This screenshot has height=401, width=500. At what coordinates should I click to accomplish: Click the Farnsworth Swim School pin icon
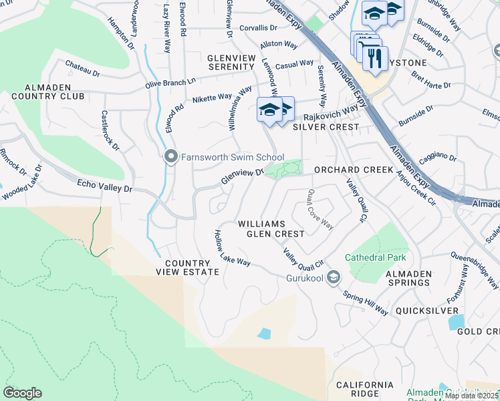[171, 157]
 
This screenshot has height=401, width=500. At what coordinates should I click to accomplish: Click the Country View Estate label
[187, 267]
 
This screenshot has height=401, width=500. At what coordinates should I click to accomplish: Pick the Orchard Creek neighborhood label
[354, 170]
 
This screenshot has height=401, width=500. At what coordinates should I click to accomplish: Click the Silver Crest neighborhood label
[326, 126]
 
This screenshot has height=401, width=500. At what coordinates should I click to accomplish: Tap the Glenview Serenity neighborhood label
[231, 63]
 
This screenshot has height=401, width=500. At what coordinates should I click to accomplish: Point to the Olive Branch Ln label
[170, 83]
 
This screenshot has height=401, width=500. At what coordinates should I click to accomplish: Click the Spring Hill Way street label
[366, 303]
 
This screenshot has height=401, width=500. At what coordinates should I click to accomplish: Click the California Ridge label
[365, 390]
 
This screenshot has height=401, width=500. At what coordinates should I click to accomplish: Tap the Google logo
[22, 393]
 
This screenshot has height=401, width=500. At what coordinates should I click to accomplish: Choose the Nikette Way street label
[213, 98]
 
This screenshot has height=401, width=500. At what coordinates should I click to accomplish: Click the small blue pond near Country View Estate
[265, 333]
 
